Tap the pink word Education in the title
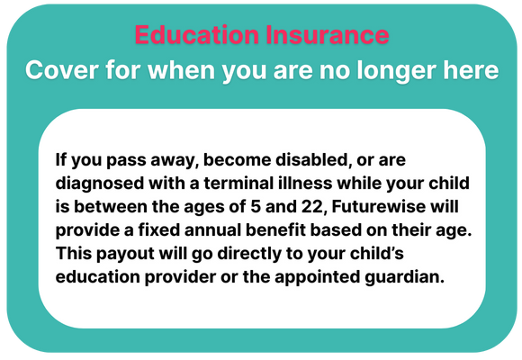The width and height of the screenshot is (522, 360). coord(197,34)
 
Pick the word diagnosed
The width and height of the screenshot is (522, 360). coord(100,184)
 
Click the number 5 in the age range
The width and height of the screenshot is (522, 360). coord(256,206)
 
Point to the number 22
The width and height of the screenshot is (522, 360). coord(312,207)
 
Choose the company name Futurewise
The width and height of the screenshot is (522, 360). coord(379,206)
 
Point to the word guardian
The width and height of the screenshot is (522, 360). coord(405,277)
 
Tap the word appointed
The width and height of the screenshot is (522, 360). coord(318,277)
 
